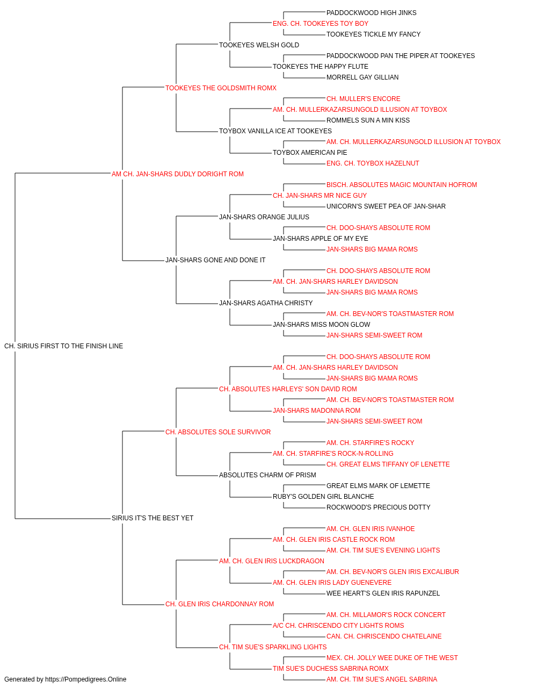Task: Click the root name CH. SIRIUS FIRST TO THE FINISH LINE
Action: click(x=63, y=346)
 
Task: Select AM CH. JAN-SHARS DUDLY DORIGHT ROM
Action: click(x=178, y=174)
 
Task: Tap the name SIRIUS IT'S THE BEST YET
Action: click(x=153, y=518)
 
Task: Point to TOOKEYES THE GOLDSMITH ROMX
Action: click(x=221, y=88)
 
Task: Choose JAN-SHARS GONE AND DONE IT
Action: click(x=215, y=260)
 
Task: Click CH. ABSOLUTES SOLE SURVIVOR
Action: click(x=218, y=432)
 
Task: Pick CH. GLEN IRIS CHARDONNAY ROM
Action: click(x=220, y=604)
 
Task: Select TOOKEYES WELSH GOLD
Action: click(x=259, y=45)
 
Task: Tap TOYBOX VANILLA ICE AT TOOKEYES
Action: click(x=275, y=131)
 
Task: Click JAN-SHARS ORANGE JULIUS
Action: click(x=264, y=217)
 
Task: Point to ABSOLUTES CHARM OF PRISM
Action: click(x=267, y=475)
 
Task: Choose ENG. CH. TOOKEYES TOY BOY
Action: click(x=321, y=24)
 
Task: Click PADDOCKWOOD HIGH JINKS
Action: click(x=371, y=13)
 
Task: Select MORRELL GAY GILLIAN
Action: click(x=362, y=77)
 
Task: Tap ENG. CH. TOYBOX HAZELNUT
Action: click(x=373, y=163)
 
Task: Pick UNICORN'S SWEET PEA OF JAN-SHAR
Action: click(x=386, y=206)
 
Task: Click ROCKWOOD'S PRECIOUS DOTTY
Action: click(x=379, y=507)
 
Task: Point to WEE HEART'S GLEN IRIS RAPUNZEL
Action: click(x=383, y=593)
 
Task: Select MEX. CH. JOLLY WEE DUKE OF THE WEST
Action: click(x=392, y=658)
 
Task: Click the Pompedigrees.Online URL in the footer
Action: click(x=86, y=679)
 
